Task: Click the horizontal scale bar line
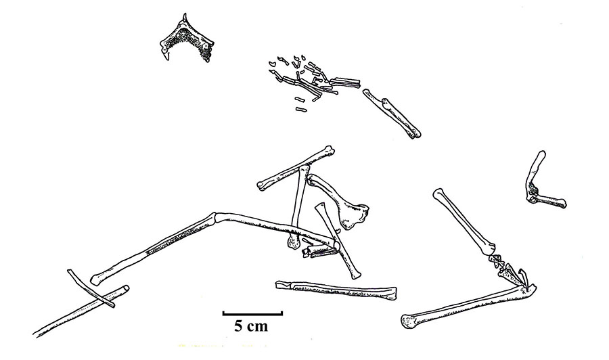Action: [252, 313]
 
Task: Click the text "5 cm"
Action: [251, 325]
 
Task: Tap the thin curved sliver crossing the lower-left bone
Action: [91, 288]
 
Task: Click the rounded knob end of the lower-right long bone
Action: [408, 321]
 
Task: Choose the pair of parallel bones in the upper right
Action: [392, 113]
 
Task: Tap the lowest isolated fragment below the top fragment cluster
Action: [300, 110]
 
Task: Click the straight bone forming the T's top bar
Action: [295, 168]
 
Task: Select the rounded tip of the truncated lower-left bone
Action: [125, 289]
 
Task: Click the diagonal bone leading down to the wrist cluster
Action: [464, 221]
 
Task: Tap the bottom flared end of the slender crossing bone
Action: [355, 275]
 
